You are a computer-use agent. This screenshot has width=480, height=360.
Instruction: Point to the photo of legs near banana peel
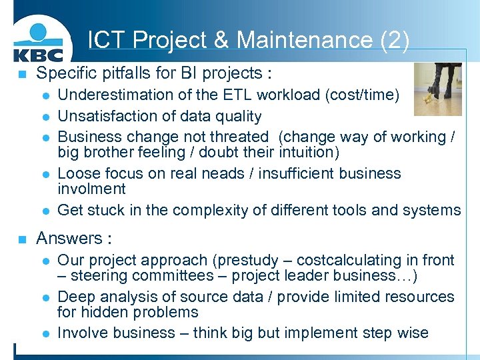[437, 89]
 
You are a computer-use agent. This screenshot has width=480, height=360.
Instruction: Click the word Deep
[75, 297]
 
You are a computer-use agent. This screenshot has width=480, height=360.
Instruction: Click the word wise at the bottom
[412, 333]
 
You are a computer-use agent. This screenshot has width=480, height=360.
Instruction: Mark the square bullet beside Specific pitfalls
[22, 74]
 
